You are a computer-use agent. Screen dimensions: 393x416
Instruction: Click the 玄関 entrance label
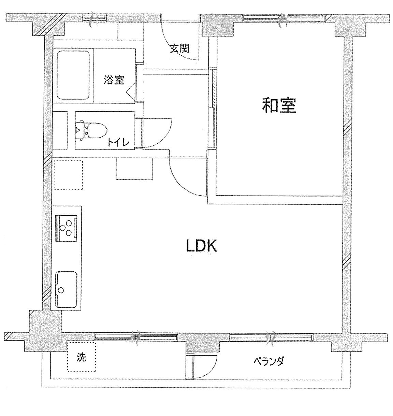tap(180, 48)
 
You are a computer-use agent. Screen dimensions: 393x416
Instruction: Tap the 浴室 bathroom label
tap(114, 80)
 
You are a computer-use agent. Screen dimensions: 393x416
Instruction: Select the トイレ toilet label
tap(118, 143)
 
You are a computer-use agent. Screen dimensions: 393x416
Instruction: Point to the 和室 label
tap(279, 105)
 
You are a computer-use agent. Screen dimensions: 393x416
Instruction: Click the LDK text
tap(201, 246)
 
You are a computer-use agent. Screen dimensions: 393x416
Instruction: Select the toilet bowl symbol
tap(91, 130)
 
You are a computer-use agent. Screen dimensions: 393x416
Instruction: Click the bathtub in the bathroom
tap(73, 75)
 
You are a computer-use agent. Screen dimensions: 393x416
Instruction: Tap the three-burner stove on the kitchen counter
tap(66, 228)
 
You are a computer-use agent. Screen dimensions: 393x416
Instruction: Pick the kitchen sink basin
tap(66, 289)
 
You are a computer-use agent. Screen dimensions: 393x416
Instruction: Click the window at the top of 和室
tap(284, 18)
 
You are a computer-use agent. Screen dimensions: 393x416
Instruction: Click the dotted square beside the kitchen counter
tap(68, 175)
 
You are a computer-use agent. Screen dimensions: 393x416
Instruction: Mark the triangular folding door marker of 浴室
tap(130, 90)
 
